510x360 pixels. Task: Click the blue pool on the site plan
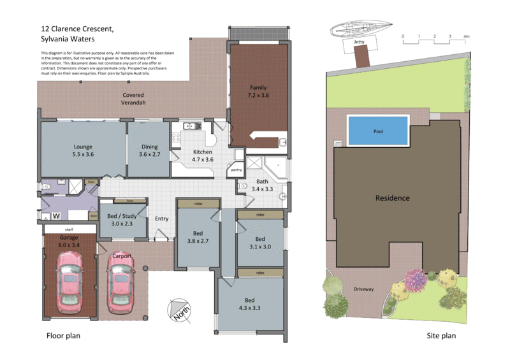click(379, 131)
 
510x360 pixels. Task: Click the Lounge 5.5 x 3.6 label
click(84, 150)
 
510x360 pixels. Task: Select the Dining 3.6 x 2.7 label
click(149, 150)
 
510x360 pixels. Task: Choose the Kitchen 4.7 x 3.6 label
click(203, 156)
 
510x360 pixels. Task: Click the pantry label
click(235, 170)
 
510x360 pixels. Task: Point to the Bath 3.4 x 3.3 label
click(263, 185)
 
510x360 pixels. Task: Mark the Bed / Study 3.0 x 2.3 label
click(121, 219)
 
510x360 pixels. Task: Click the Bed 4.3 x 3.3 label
click(251, 304)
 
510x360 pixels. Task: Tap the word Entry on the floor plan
click(162, 219)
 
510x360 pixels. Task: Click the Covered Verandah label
click(134, 99)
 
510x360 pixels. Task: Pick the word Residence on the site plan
click(392, 198)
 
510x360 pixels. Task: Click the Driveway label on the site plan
click(364, 289)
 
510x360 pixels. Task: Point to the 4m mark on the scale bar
click(466, 36)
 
